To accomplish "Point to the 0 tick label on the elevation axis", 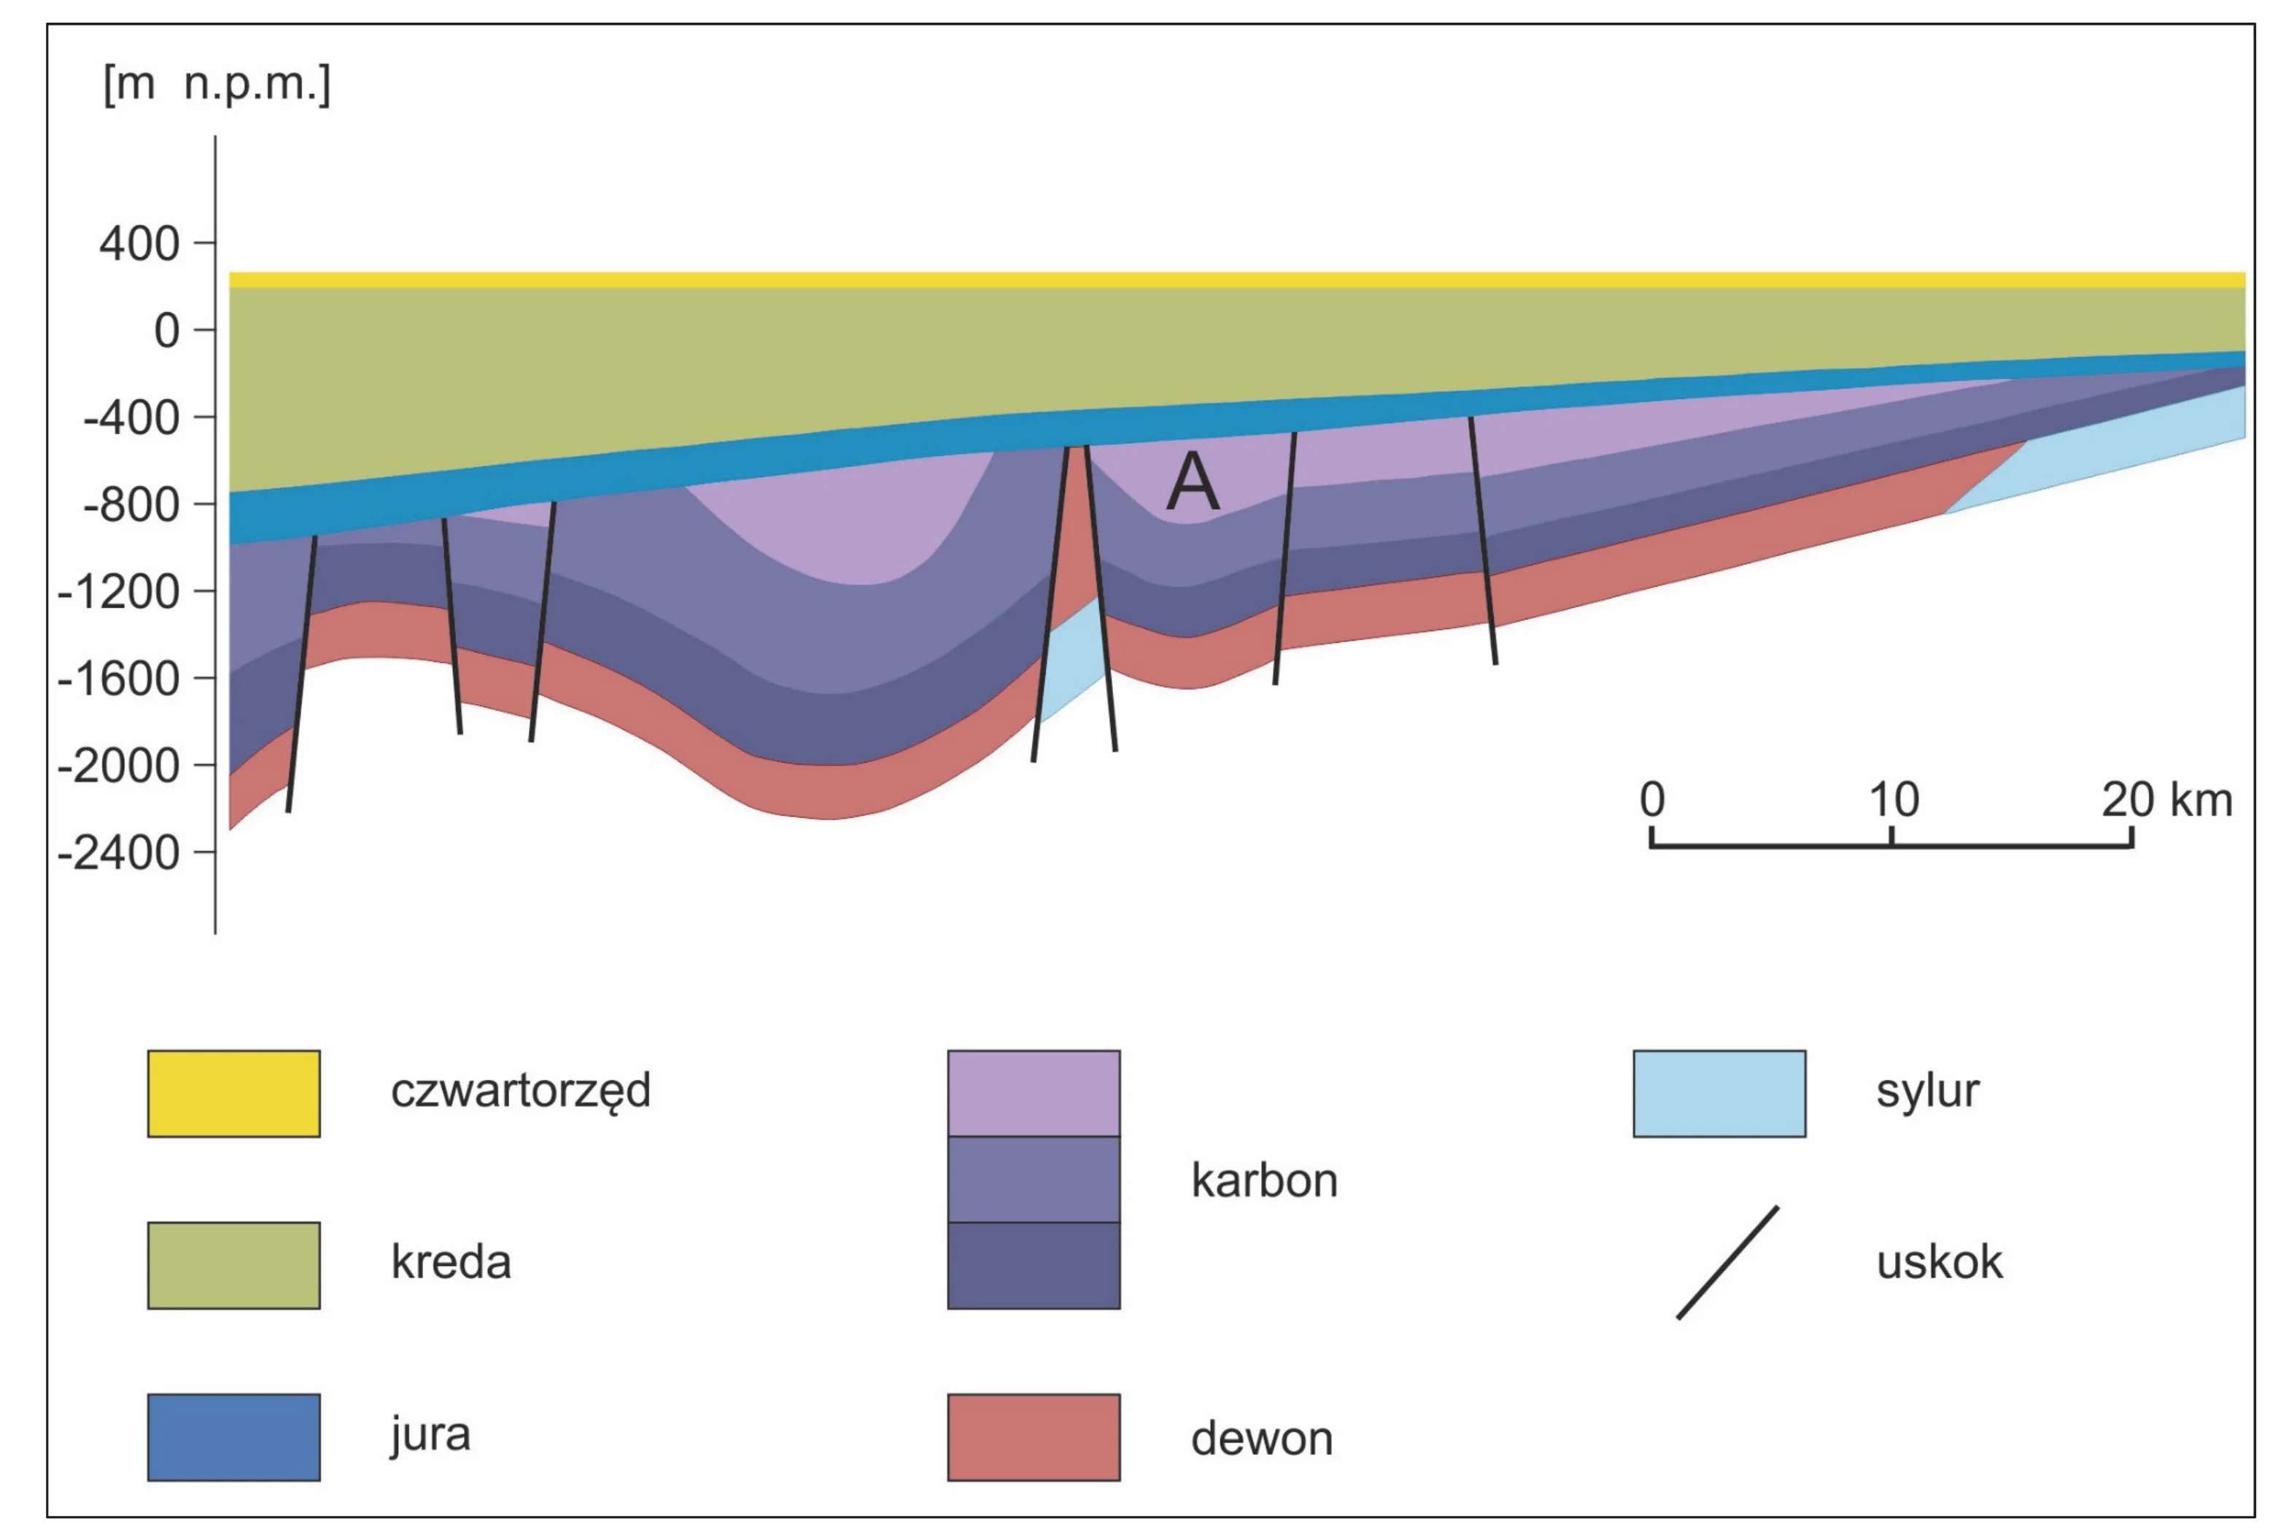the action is (167, 331).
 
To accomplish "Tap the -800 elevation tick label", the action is (131, 504).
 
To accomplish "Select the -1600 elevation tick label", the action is (118, 679).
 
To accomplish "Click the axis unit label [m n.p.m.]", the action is (217, 84).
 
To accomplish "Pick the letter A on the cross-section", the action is (1193, 482).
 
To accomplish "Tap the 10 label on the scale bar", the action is (1893, 800).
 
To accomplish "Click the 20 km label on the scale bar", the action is (2167, 800).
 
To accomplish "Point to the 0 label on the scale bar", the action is (1651, 800).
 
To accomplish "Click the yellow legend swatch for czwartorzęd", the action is (233, 1094).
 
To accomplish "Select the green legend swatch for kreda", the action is (233, 1265).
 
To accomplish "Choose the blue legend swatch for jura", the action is (233, 1437).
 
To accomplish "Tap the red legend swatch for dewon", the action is (1034, 1437).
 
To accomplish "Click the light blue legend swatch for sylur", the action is (1719, 1094).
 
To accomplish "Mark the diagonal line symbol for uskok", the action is (1727, 1263).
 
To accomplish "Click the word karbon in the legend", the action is (1263, 1180).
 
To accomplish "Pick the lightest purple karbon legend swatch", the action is (1034, 1094).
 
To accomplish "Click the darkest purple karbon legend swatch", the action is (1034, 1266).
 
